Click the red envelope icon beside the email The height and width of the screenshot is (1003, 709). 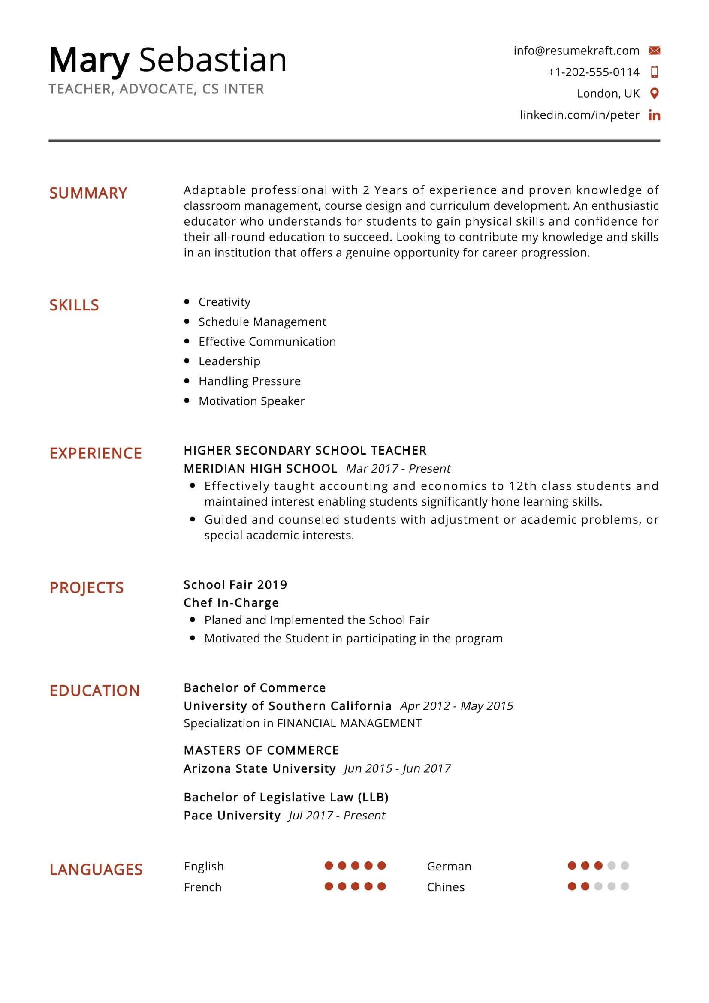click(x=654, y=51)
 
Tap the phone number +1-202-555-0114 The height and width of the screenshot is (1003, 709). click(x=593, y=72)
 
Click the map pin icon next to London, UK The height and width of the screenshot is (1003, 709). click(x=654, y=93)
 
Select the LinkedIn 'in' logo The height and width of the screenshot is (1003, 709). click(x=654, y=115)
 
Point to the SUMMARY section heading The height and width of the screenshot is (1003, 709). click(x=88, y=193)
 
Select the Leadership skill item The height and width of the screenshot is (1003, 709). click(x=229, y=361)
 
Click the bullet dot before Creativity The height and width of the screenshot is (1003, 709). click(x=187, y=301)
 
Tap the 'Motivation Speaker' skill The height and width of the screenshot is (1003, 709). click(x=251, y=401)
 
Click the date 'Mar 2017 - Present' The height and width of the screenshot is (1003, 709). click(x=398, y=468)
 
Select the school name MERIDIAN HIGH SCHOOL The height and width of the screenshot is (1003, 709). click(x=260, y=468)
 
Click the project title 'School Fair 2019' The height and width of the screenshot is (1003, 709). click(x=235, y=584)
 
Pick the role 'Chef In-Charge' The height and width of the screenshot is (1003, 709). click(x=231, y=603)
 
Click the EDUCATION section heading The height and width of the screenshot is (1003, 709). click(x=94, y=691)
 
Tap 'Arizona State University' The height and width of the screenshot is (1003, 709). click(x=259, y=768)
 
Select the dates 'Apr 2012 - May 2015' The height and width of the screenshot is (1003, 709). click(x=456, y=706)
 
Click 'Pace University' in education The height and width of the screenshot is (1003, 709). click(x=232, y=816)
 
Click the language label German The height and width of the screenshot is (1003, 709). click(x=449, y=866)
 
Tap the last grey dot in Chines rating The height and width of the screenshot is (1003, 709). click(x=624, y=886)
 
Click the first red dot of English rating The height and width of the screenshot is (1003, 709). click(x=329, y=865)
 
